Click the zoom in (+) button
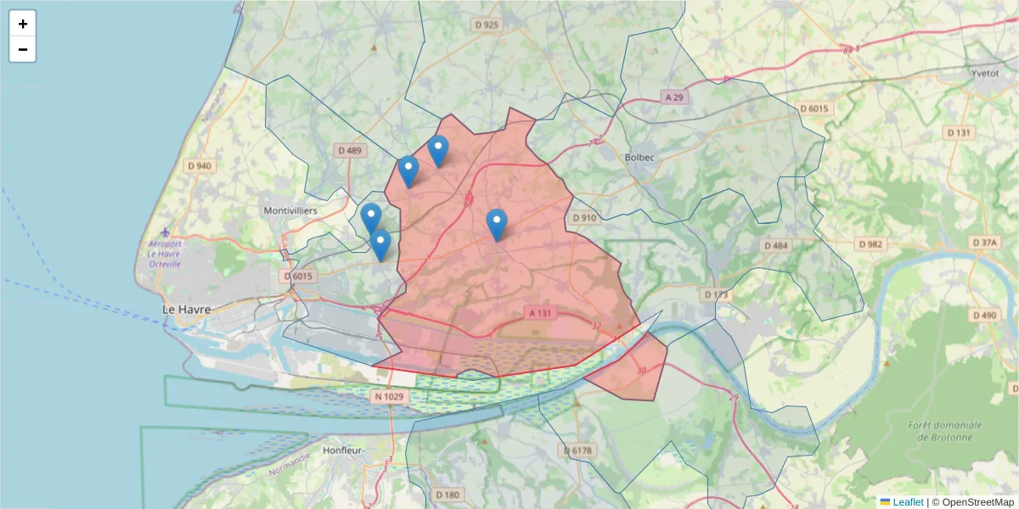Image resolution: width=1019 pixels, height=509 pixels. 23,24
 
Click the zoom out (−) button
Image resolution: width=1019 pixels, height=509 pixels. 23,49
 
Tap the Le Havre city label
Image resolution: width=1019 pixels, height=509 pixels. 187,310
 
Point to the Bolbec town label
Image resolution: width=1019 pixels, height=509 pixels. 640,157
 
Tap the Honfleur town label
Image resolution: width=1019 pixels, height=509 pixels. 343,450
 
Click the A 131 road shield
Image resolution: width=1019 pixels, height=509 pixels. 540,313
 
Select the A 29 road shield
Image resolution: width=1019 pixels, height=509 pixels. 674,98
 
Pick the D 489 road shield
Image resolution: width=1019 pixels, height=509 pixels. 350,150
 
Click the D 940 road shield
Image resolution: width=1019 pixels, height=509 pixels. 199,165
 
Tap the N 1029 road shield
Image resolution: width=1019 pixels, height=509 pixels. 388,396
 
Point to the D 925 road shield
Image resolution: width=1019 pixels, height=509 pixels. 487,25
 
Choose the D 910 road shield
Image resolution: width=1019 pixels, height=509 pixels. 584,218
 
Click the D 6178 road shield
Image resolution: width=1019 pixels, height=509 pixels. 577,450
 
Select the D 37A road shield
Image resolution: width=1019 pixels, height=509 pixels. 985,243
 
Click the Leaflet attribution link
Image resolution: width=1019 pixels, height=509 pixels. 908,502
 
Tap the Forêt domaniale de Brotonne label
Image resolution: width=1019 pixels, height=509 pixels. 944,431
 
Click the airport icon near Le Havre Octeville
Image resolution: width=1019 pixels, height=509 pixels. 164,232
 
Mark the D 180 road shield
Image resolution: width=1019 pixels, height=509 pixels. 448,495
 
